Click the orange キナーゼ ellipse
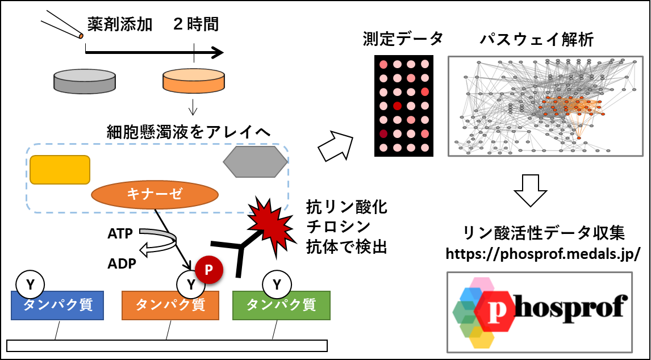(155, 194)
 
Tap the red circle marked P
(209, 270)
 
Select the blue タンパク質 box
(57, 305)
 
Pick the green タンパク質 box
(281, 305)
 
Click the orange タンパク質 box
(170, 305)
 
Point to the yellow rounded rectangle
(60, 169)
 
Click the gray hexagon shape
(255, 162)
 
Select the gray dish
(84, 81)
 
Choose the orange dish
(194, 81)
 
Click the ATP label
(120, 234)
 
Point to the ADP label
(122, 263)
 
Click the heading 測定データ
(403, 39)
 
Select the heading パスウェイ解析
(536, 40)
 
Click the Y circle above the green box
(277, 284)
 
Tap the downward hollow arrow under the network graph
(530, 190)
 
